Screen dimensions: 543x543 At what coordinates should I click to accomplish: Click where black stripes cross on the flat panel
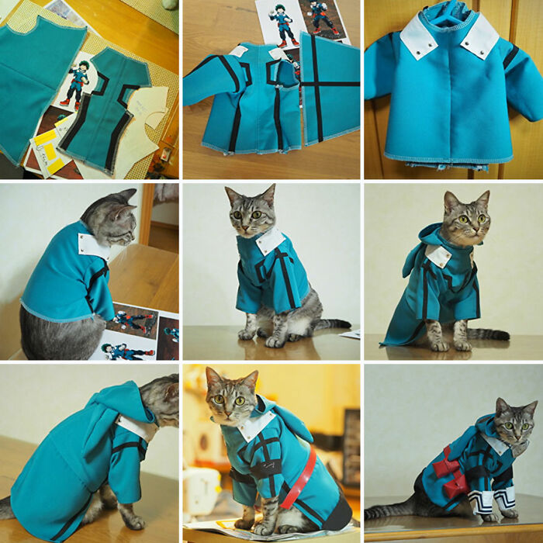[x=317, y=83]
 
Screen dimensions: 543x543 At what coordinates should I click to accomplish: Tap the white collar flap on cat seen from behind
[x=92, y=246]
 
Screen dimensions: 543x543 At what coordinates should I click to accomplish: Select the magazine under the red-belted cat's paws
[x=225, y=527]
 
